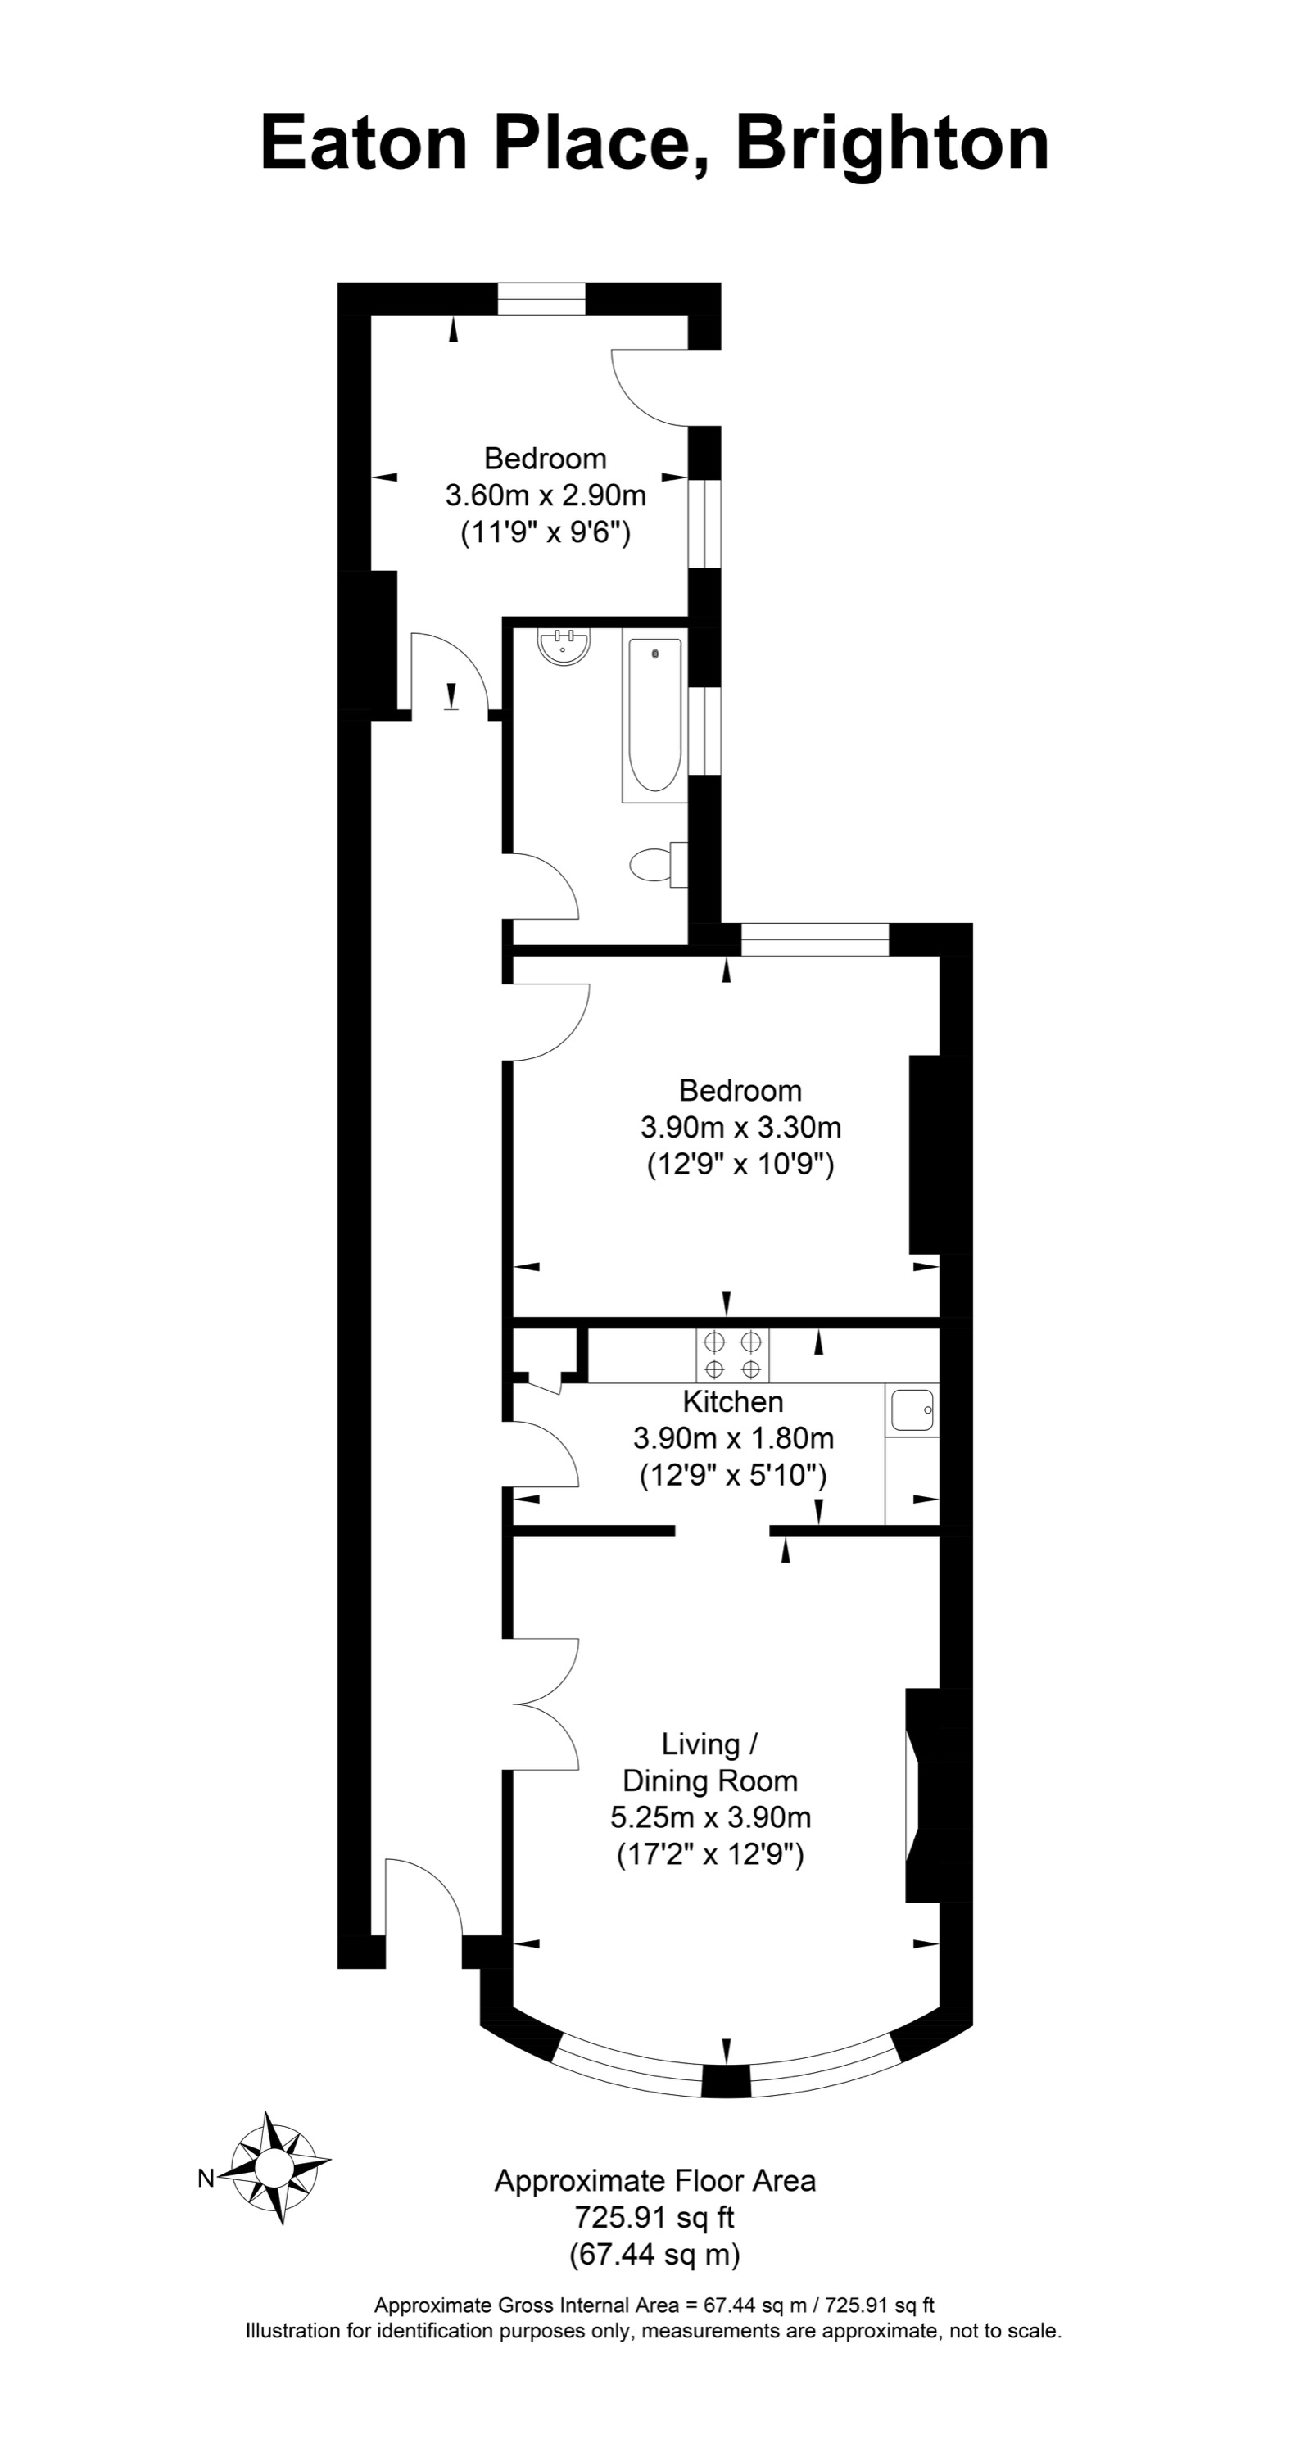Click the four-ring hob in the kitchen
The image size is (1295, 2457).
tap(732, 1355)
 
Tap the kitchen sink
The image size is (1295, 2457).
tap(912, 1409)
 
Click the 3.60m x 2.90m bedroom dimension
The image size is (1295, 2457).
tap(546, 495)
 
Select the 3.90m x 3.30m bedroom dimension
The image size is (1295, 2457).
tap(740, 1128)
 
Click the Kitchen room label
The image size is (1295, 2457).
tap(732, 1401)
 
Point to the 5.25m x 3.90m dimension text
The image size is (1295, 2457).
tap(710, 1817)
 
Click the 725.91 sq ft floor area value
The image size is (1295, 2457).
tap(654, 2218)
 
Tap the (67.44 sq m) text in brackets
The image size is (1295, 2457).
tap(654, 2255)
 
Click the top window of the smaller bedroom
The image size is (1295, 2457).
tap(541, 300)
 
